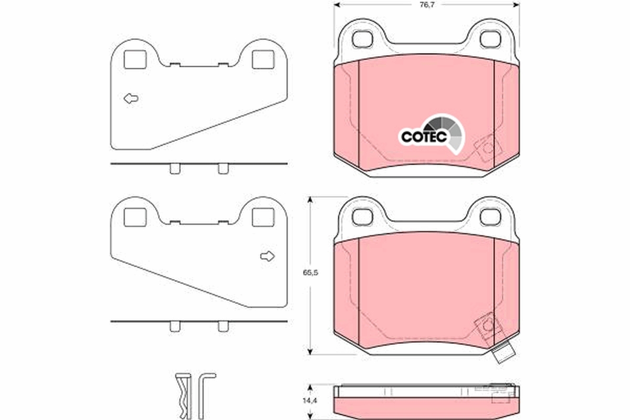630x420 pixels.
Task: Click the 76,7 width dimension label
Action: point(427,5)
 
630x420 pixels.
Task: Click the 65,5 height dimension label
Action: point(310,272)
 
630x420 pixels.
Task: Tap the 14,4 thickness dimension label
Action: point(310,401)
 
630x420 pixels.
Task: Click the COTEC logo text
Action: point(424,137)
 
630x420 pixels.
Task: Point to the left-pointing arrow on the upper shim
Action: point(131,99)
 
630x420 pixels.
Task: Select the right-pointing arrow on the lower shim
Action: point(267,256)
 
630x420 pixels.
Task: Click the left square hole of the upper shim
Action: point(135,60)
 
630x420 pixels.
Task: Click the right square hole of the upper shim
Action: point(263,60)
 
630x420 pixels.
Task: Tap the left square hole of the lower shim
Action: point(135,217)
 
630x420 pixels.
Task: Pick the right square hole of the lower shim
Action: point(263,217)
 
